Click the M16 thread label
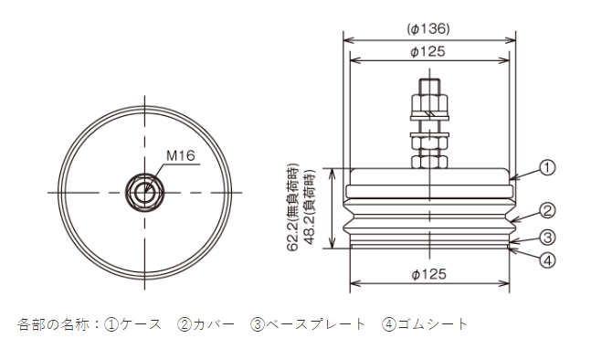pos(181,155)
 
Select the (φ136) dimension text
pos(428,28)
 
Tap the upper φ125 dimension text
pos(427,51)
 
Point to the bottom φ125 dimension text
pos(428,274)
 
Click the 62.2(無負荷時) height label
pos(293,206)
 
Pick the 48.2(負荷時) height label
pos(310,206)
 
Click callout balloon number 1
pos(547,167)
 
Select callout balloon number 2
pos(547,210)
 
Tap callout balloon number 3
pos(547,238)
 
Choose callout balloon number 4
pos(547,260)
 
